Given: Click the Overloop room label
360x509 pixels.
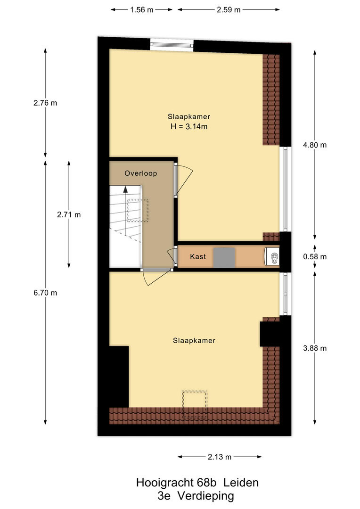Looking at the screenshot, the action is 140,173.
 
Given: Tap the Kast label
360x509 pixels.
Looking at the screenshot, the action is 198,257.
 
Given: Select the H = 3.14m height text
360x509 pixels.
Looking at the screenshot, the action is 189,127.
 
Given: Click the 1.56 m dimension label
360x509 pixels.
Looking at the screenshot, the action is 141,10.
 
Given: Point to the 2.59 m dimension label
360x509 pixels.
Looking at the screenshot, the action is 229,10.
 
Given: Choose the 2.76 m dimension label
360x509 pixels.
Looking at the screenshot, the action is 45,103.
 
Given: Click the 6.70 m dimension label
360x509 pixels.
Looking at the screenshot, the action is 45,293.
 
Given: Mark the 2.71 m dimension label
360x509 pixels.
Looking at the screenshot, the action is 69,214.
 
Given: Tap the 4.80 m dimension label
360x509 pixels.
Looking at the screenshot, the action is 315,145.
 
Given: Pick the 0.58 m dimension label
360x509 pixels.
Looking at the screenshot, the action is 315,257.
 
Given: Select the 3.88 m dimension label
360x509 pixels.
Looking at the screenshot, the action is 315,348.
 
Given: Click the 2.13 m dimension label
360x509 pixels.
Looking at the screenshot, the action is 220,457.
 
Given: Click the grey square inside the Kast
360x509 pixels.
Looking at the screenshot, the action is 224,257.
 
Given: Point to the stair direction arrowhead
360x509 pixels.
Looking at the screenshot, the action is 125,189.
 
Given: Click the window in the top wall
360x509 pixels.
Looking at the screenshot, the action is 172,44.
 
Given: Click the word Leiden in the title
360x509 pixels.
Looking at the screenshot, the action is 241,483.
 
